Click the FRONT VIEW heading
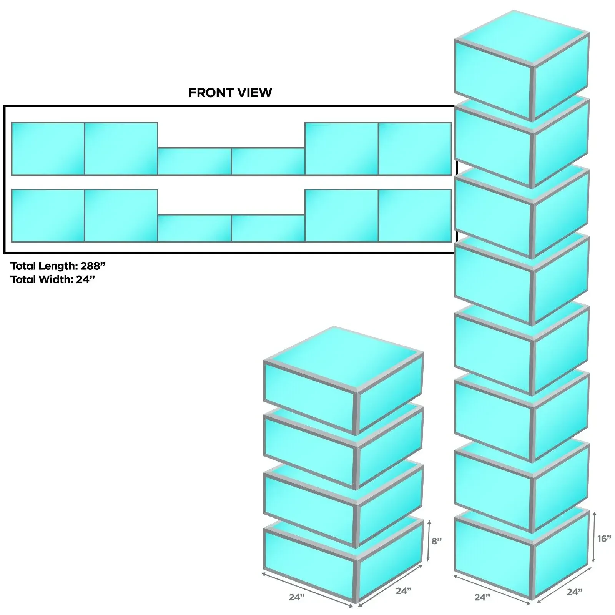pos(230,93)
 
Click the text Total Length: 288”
pos(58,266)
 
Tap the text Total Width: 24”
pos(53,279)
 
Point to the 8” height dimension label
pos(437,541)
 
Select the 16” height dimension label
pos(604,539)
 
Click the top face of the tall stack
pos(522,40)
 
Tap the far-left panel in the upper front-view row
pos(48,149)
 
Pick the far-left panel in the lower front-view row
pos(48,216)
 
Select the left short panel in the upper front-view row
pos(194,161)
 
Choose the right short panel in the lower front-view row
pos(268,228)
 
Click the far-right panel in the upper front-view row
pos(415,149)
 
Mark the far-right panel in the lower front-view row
pos(415,216)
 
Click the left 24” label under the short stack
pos(297,597)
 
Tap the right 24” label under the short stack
pos(404,591)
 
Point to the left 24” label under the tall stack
pos(482,597)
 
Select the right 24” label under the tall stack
pos(575,592)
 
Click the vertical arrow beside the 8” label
pos(429,540)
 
